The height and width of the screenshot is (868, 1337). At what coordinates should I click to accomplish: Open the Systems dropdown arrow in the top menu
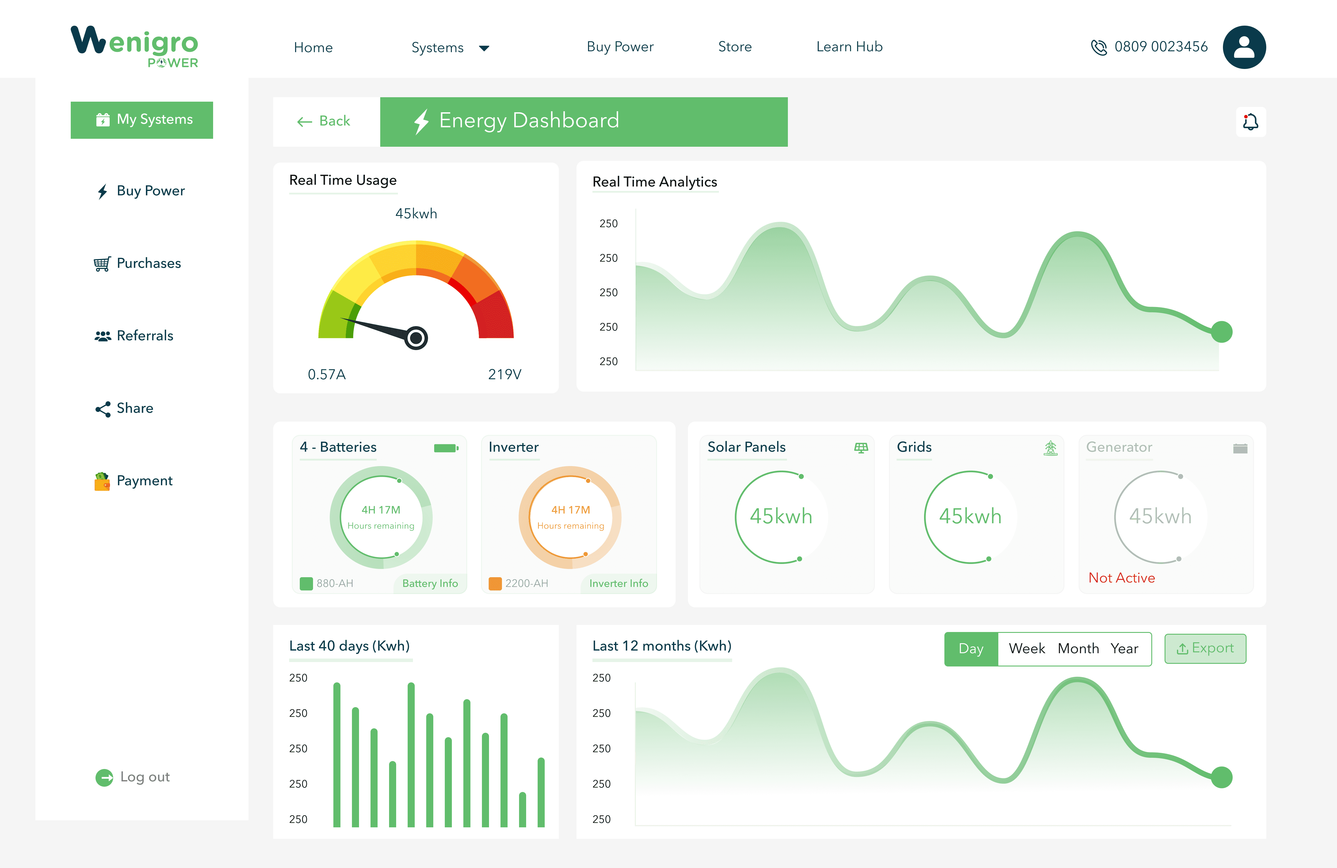pyautogui.click(x=484, y=48)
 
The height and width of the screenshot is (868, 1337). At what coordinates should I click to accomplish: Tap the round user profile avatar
pyautogui.click(x=1244, y=47)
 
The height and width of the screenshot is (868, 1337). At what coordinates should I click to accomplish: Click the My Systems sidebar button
pyautogui.click(x=141, y=120)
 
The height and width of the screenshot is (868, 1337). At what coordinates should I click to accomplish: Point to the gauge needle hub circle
pyautogui.click(x=416, y=338)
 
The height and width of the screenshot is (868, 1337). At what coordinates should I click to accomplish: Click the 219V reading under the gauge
pyautogui.click(x=504, y=374)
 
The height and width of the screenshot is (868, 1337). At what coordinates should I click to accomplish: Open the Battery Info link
pyautogui.click(x=430, y=583)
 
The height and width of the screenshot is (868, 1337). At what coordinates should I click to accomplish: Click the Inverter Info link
pyautogui.click(x=618, y=583)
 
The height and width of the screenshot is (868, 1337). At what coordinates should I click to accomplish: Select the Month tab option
pyautogui.click(x=1078, y=649)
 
